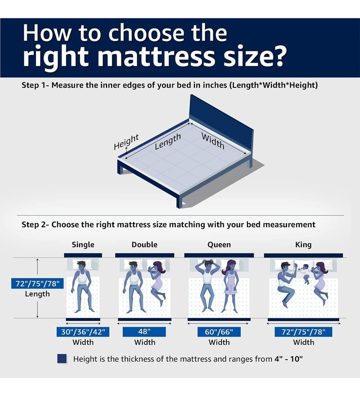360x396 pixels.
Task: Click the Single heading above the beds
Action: (x=83, y=245)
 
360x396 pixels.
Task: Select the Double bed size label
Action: (x=144, y=245)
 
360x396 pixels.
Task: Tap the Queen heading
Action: (x=219, y=245)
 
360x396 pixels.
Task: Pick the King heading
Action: (x=303, y=245)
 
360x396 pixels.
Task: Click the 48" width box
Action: (x=144, y=332)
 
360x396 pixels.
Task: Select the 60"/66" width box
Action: (x=219, y=332)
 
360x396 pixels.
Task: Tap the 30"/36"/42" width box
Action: (x=83, y=332)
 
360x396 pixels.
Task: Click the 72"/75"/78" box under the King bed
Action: (x=303, y=332)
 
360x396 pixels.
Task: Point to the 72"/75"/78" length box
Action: (x=37, y=283)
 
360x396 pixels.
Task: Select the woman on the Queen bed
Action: (x=230, y=287)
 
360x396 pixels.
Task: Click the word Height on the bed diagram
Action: (x=126, y=142)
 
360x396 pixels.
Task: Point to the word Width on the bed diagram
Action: (x=213, y=141)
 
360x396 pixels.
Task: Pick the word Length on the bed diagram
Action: (x=168, y=141)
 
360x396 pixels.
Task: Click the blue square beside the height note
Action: (x=62, y=359)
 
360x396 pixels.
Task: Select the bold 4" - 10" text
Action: (x=288, y=359)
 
